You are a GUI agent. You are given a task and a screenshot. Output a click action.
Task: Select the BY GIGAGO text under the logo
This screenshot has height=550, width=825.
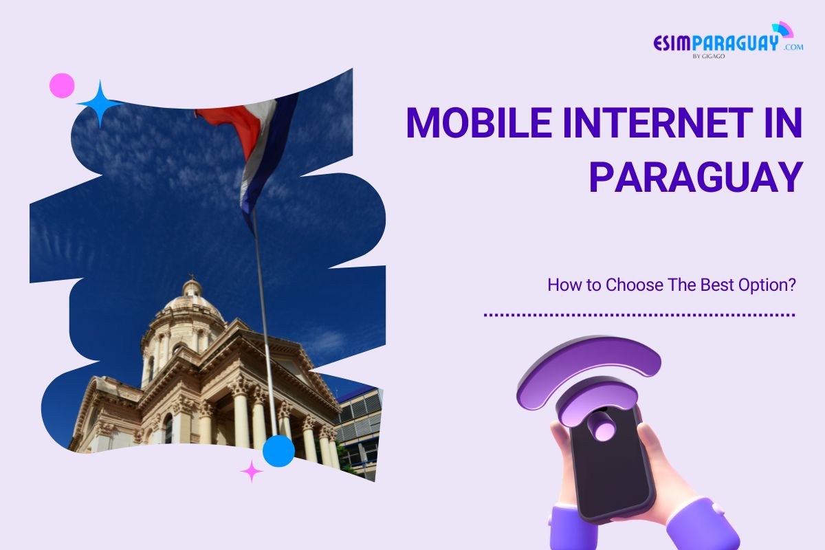coord(708,57)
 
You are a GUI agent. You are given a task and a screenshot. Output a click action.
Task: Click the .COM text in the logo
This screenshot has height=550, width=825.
coord(792,47)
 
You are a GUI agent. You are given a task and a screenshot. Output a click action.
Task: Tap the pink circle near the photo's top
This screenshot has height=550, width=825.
coord(62,85)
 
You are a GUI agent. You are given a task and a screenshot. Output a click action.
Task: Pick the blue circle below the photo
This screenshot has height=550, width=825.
coord(279,450)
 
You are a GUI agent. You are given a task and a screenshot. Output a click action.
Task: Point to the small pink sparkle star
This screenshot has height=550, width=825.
coord(252,471)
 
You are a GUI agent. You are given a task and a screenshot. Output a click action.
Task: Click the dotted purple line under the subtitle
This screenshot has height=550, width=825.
coord(639,315)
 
